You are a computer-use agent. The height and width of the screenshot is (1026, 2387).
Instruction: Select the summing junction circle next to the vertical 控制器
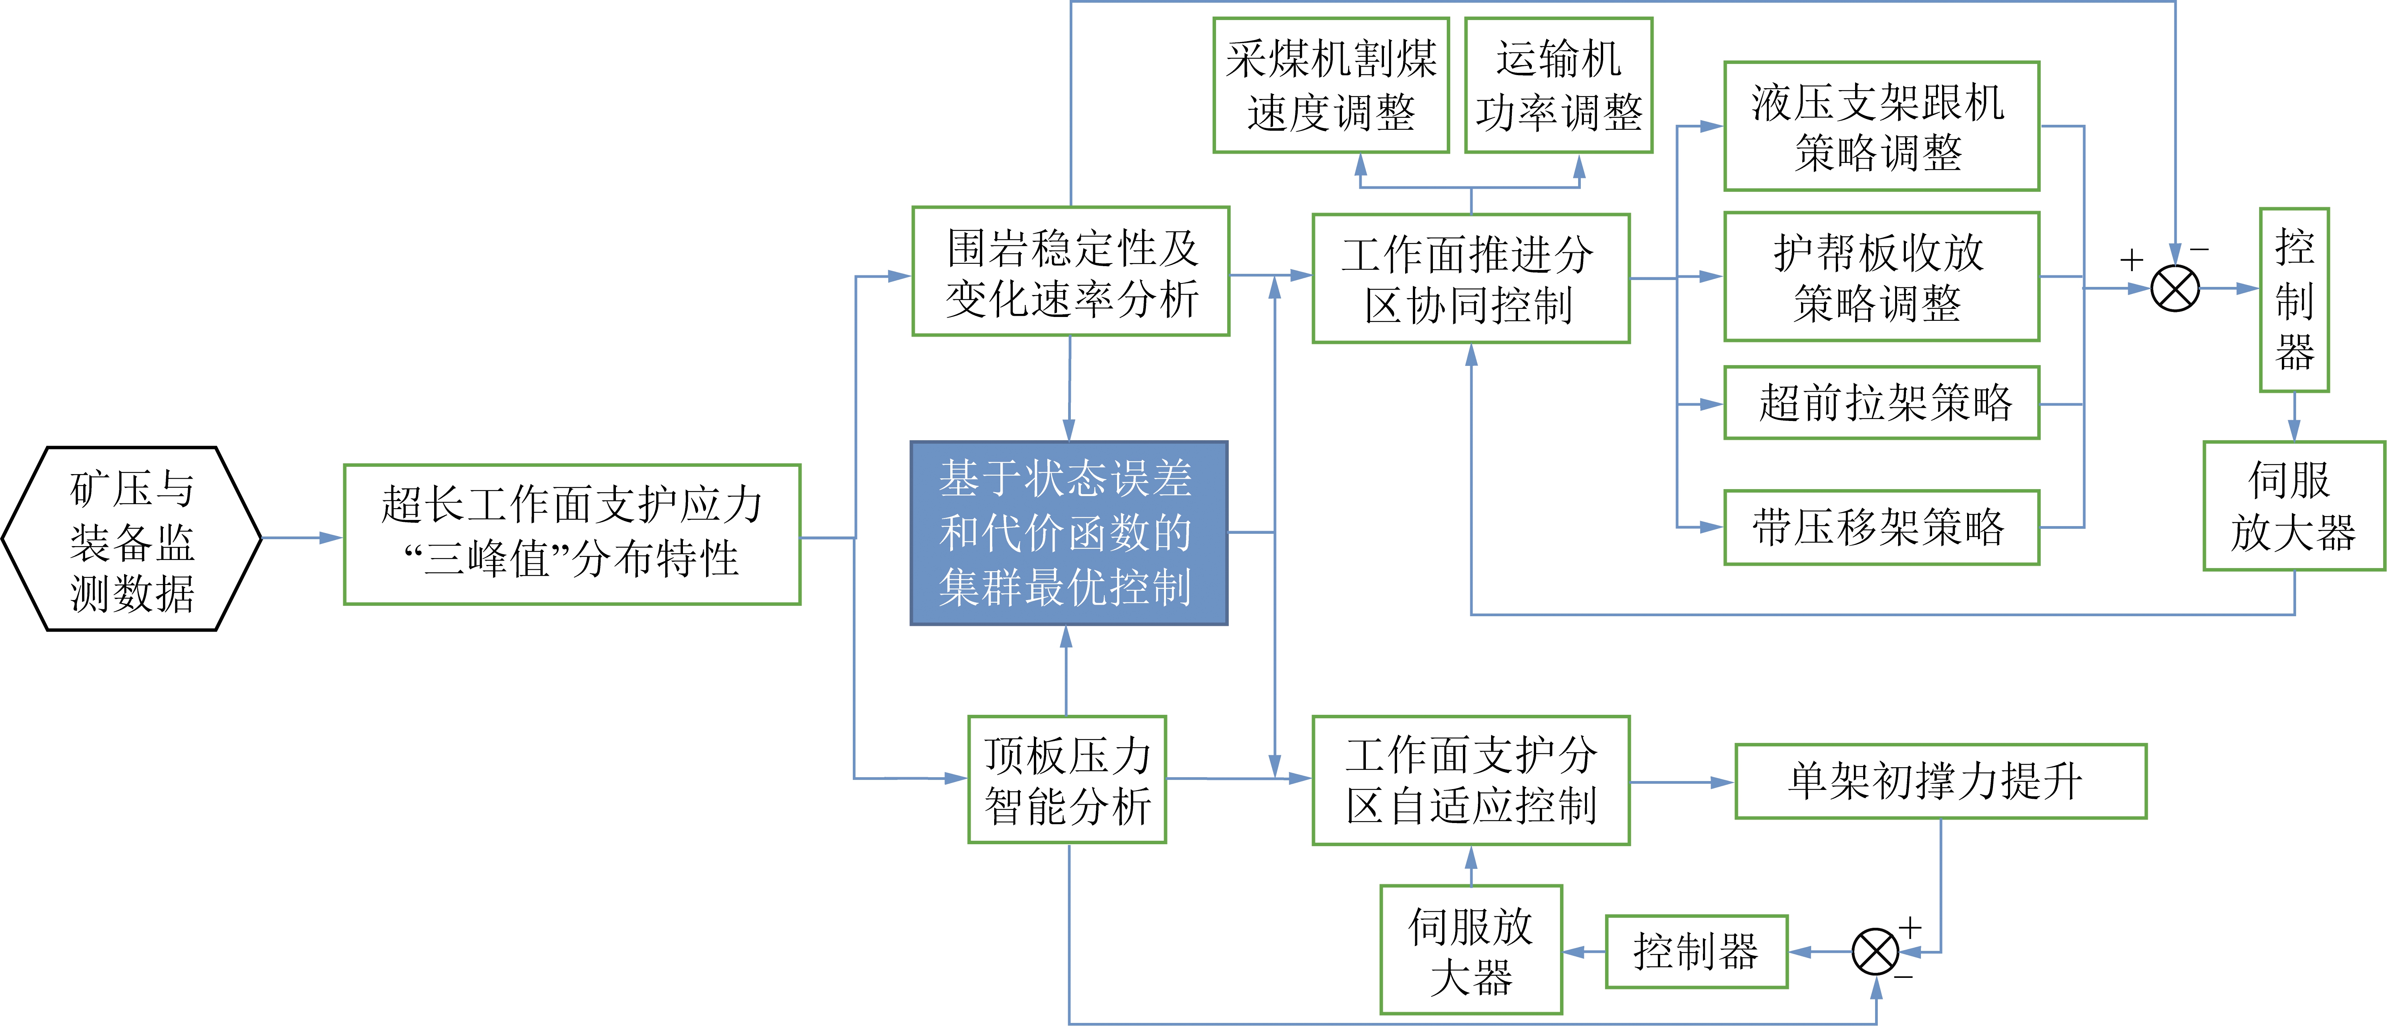[x=2175, y=288]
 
